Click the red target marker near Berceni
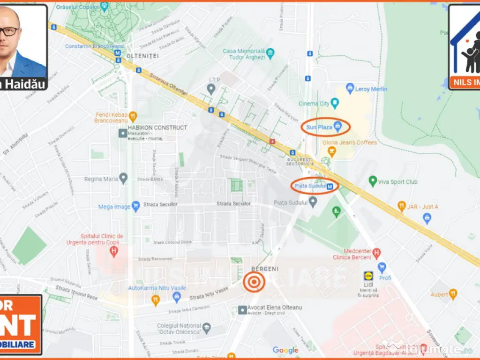pyautogui.click(x=254, y=282)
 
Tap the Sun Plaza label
pyautogui.click(x=319, y=127)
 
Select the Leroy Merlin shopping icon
pyautogui.click(x=350, y=89)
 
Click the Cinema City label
pyautogui.click(x=314, y=104)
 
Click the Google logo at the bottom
pyautogui.click(x=285, y=350)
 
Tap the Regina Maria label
pyautogui.click(x=101, y=179)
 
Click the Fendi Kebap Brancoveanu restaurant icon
pyautogui.click(x=133, y=115)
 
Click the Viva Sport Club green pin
pyautogui.click(x=373, y=181)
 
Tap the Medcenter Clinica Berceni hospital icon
pyautogui.click(x=376, y=254)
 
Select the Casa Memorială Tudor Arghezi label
pyautogui.click(x=244, y=54)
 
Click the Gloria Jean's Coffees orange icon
pyautogui.click(x=332, y=151)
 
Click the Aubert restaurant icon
pyautogui.click(x=453, y=294)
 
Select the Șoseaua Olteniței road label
pyautogui.click(x=169, y=85)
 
